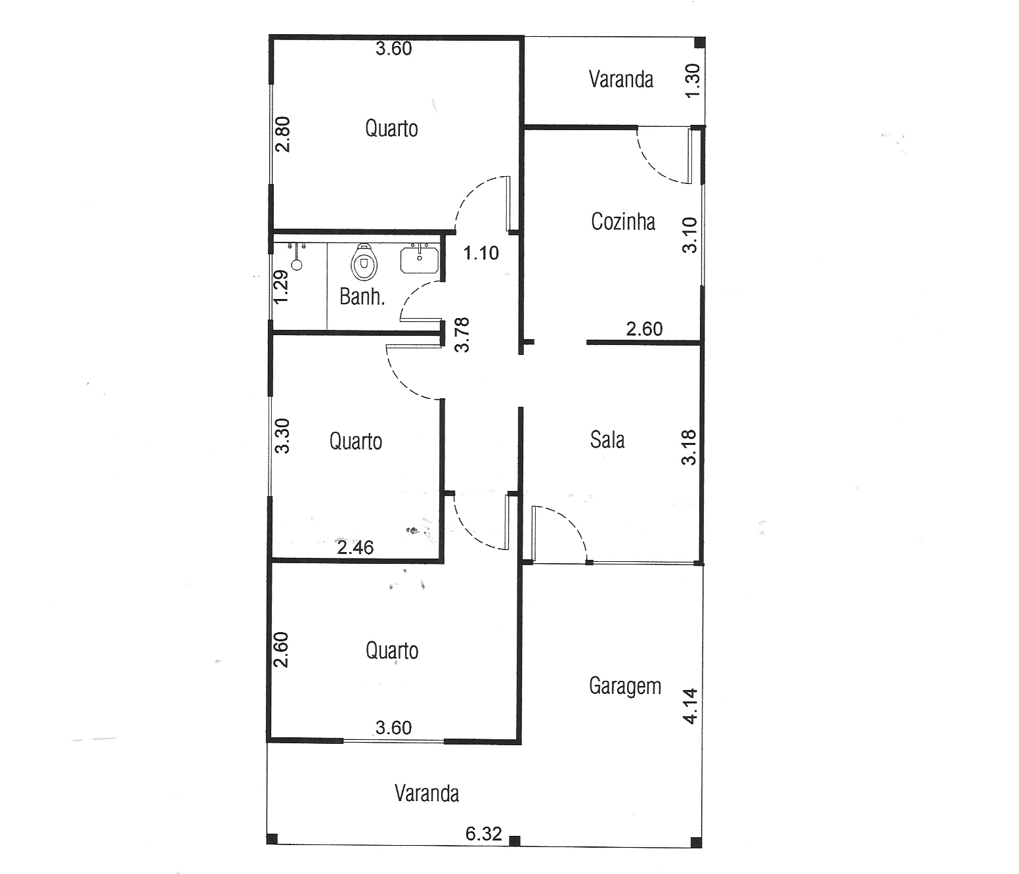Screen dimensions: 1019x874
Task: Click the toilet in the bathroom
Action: (x=364, y=262)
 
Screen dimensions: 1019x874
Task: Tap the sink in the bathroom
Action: (x=420, y=260)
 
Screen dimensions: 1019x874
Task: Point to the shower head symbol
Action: (x=297, y=257)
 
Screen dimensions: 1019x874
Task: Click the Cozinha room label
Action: (x=623, y=221)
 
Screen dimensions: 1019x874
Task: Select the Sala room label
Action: (x=607, y=440)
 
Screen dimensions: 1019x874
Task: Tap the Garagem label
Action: (x=625, y=687)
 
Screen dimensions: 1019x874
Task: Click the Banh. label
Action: (x=362, y=296)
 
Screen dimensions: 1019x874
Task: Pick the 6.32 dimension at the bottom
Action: (x=484, y=833)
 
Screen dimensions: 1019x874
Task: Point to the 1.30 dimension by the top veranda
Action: (x=693, y=81)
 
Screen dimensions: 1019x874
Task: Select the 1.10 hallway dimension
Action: (x=481, y=253)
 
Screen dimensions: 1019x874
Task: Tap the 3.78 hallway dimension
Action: (x=462, y=335)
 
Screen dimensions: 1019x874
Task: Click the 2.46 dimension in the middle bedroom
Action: (x=355, y=547)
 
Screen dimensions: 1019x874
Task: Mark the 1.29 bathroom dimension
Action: (x=281, y=287)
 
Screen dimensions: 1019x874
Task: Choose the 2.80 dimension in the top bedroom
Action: (x=282, y=134)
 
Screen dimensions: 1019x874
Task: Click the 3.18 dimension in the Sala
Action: (x=689, y=448)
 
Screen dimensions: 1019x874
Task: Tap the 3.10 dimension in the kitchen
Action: (x=689, y=235)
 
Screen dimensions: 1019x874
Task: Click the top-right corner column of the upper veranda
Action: (x=699, y=43)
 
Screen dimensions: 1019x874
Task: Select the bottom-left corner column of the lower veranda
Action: (x=272, y=839)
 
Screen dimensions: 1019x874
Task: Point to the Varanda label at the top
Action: (x=621, y=80)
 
